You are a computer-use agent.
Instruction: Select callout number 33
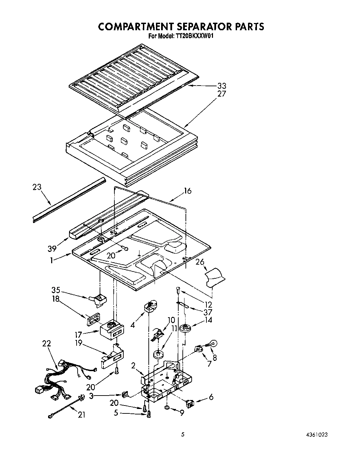pyautogui.click(x=222, y=86)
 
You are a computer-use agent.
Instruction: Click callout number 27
pyautogui.click(x=222, y=93)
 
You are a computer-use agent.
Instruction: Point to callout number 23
pyautogui.click(x=37, y=187)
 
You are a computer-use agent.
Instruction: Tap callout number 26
pyautogui.click(x=200, y=262)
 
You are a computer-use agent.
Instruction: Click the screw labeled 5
pyautogui.click(x=149, y=415)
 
